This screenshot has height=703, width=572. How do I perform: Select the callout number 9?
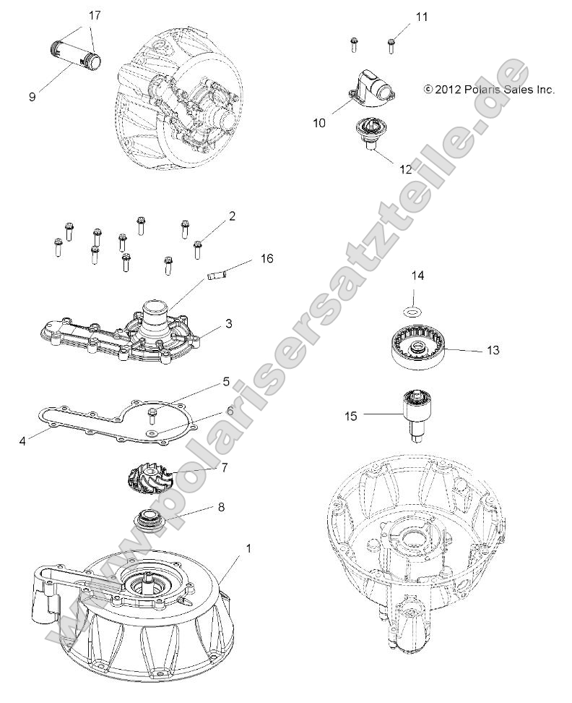[x=32, y=96]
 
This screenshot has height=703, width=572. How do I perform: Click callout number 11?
[x=422, y=16]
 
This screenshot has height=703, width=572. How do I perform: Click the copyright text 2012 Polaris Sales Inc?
[x=489, y=90]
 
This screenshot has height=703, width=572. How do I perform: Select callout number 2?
[x=232, y=216]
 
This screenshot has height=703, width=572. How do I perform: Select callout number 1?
[x=229, y=549]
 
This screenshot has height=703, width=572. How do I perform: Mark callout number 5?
[x=226, y=381]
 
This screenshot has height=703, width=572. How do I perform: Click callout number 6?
[x=230, y=410]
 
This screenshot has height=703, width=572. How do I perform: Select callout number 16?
[x=267, y=258]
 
